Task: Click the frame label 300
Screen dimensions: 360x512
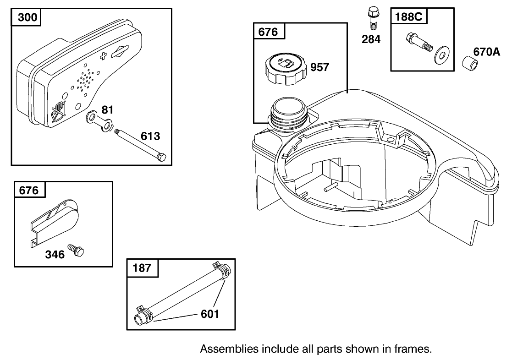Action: tap(27, 18)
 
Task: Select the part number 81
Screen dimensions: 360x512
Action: tap(107, 110)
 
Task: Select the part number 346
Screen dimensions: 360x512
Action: tap(55, 255)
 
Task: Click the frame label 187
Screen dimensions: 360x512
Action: tap(142, 268)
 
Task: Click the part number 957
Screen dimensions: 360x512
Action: tap(319, 67)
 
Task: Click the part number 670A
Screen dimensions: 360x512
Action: tap(486, 52)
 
